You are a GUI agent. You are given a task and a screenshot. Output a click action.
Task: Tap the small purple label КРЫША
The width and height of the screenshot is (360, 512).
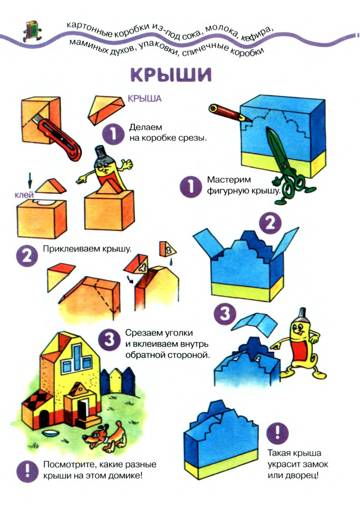click(x=145, y=99)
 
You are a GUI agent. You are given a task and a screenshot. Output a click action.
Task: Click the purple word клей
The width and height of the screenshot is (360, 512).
click(x=24, y=195)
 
